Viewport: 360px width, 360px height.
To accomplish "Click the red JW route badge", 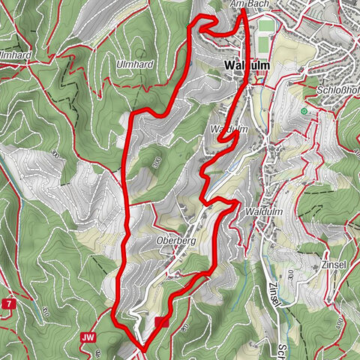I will point(87,338).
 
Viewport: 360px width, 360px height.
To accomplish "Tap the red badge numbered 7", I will point(8,304).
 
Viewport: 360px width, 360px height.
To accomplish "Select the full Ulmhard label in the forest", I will point(135,64).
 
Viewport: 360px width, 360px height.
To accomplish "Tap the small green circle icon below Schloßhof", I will point(304,112).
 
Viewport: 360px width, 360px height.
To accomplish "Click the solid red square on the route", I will point(163,322).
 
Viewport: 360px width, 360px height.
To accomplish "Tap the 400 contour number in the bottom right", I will point(339,322).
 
